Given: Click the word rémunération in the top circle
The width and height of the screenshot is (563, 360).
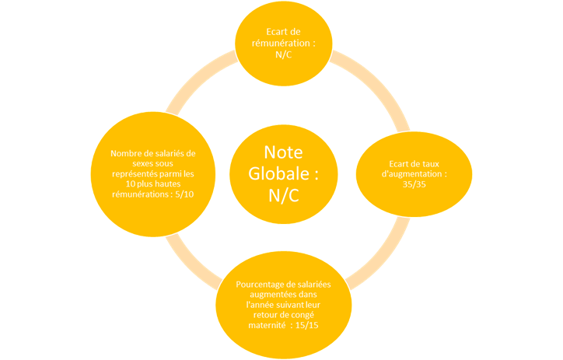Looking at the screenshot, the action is click(278, 44).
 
